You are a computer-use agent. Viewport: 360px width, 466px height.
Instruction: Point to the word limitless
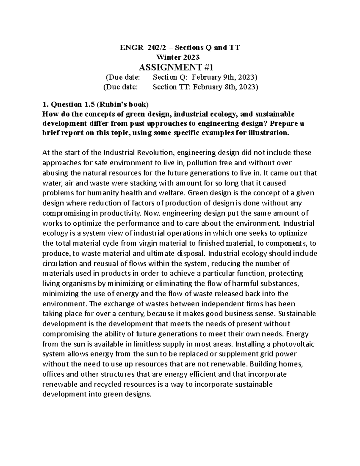[152, 344]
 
